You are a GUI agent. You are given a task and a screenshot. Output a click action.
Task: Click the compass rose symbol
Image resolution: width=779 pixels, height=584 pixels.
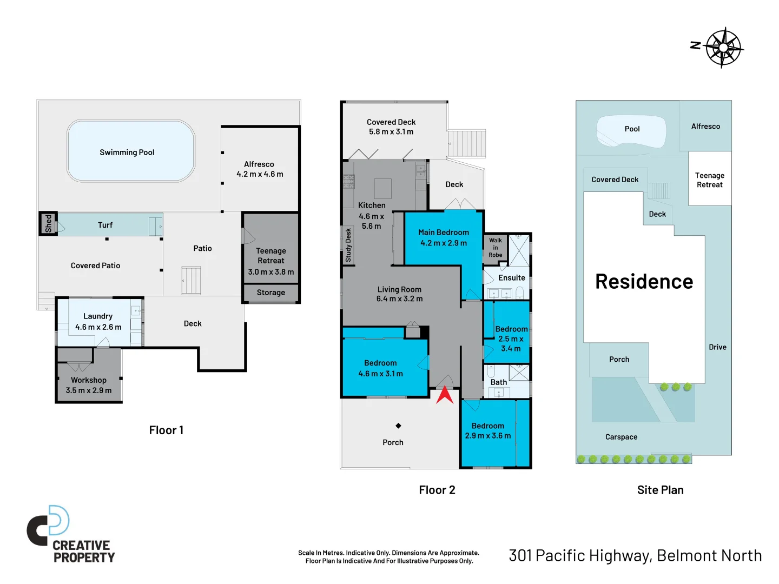pyautogui.click(x=724, y=48)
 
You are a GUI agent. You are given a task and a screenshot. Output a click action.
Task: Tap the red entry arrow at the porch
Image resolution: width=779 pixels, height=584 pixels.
pyautogui.click(x=445, y=395)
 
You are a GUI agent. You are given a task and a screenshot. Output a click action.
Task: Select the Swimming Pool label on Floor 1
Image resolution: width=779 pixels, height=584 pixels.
pyautogui.click(x=127, y=152)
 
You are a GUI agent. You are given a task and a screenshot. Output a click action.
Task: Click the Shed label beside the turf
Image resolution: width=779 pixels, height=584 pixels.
pyautogui.click(x=48, y=223)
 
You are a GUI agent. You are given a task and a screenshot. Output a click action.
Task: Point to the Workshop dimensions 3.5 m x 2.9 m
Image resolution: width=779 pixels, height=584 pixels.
pyautogui.click(x=89, y=390)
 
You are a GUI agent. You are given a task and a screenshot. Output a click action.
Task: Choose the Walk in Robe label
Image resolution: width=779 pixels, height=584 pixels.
pyautogui.click(x=496, y=248)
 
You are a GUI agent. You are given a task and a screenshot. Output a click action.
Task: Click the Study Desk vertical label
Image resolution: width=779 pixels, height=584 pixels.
pyautogui.click(x=348, y=245)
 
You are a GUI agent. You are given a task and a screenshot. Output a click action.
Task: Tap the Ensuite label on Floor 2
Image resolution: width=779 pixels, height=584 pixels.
pyautogui.click(x=511, y=278)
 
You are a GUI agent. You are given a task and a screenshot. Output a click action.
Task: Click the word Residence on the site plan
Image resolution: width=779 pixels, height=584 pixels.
pyautogui.click(x=644, y=282)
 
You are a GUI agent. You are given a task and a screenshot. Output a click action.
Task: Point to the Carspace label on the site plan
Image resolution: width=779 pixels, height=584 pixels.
pyautogui.click(x=621, y=437)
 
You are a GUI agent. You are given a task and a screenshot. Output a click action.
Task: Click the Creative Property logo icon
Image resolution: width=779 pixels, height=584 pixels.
pyautogui.click(x=49, y=526)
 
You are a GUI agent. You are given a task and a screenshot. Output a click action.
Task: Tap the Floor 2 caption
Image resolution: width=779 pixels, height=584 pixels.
pyautogui.click(x=437, y=490)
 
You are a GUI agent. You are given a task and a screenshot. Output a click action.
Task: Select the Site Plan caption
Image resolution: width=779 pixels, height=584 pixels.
pyautogui.click(x=660, y=490)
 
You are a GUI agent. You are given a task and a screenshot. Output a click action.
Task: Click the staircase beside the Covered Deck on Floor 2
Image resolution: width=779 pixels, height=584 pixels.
pyautogui.click(x=467, y=143)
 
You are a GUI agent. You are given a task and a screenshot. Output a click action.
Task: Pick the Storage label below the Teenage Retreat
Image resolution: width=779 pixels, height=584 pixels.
pyautogui.click(x=270, y=293)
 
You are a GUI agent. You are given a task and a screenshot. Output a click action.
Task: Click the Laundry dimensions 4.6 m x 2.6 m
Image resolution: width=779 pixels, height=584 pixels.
pyautogui.click(x=98, y=327)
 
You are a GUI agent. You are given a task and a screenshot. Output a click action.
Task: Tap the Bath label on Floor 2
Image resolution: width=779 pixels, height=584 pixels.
pyautogui.click(x=498, y=382)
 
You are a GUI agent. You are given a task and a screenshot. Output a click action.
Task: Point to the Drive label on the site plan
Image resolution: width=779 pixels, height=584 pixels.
pyautogui.click(x=717, y=347)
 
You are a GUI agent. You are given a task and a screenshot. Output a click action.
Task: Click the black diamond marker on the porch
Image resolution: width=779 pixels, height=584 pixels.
pyautogui.click(x=398, y=426)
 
